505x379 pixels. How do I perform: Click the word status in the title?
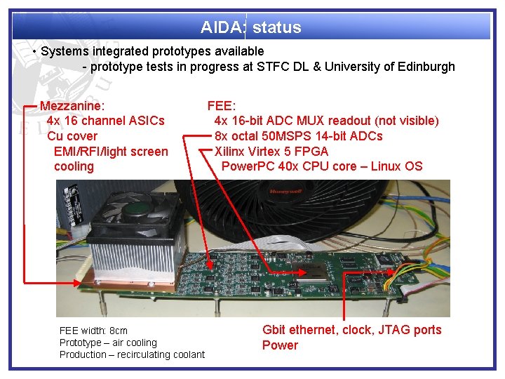coord(276,27)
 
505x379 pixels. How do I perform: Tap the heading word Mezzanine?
coord(72,106)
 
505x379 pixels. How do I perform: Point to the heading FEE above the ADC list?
coord(221,106)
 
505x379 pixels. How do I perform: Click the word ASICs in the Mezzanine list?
coord(146,121)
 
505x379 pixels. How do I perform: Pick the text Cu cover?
coord(72,136)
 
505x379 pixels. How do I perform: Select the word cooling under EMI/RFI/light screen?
coord(74,166)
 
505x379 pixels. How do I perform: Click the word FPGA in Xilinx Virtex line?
coord(311,151)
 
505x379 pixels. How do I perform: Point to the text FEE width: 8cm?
coord(93,331)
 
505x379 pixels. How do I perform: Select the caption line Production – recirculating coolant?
coord(132,354)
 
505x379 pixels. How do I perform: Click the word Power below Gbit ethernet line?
coord(280,345)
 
